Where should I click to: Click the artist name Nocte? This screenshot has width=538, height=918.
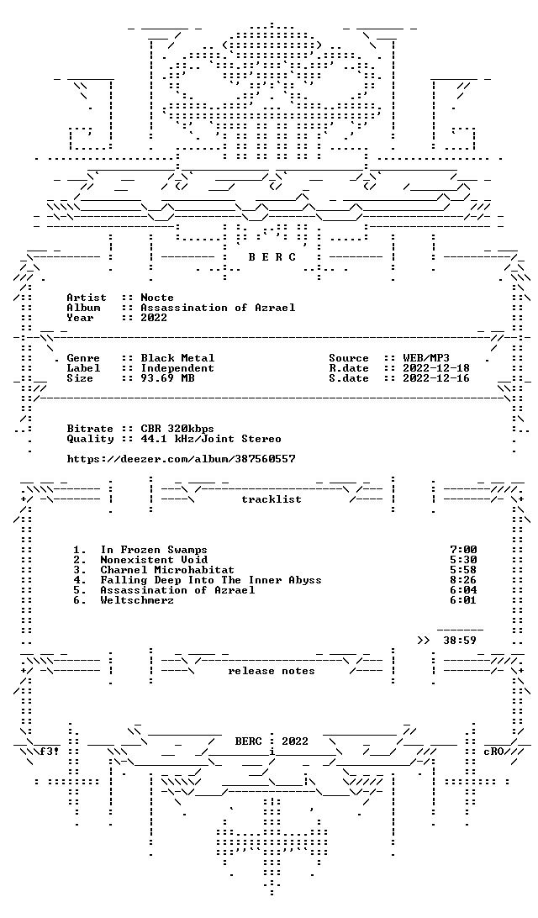(157, 298)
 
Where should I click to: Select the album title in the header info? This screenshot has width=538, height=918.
(218, 308)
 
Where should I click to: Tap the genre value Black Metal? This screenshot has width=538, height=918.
(177, 358)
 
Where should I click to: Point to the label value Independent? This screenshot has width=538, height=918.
(177, 368)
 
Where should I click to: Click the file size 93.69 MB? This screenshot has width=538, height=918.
(167, 378)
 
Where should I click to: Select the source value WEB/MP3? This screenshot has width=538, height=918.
(426, 358)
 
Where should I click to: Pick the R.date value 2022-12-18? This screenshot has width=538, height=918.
(436, 368)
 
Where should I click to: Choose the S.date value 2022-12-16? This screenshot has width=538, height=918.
(436, 378)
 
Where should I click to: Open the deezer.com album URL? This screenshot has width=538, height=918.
(181, 459)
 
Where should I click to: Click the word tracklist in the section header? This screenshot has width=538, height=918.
(272, 499)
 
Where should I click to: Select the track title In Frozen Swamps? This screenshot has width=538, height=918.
(153, 550)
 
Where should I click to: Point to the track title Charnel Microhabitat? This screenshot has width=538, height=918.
(166, 570)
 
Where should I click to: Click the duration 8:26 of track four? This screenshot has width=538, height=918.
(463, 580)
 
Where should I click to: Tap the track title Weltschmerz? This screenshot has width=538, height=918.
(137, 600)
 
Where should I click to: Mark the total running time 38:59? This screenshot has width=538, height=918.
(460, 641)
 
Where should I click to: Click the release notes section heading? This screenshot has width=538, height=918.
(272, 671)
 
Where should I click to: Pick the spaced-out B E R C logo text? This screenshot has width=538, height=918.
(272, 257)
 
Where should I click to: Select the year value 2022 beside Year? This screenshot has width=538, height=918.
(154, 318)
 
